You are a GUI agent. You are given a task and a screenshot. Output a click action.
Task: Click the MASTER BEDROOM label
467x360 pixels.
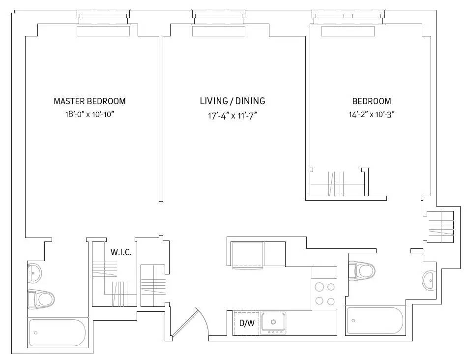point(89,101)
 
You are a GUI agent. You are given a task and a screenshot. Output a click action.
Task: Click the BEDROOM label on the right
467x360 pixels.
point(372,101)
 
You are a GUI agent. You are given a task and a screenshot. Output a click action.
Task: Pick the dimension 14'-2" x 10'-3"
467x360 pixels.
point(372,115)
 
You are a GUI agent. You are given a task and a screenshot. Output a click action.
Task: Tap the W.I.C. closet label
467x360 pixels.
point(120,252)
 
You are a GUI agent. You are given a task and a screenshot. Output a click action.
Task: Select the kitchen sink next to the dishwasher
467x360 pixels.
point(273,322)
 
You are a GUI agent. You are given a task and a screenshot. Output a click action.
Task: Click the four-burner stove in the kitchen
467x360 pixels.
point(324,294)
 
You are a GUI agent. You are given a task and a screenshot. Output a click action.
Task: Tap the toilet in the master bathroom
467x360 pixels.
point(41,298)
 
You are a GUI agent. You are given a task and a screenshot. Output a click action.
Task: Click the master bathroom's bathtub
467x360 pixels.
point(58,333)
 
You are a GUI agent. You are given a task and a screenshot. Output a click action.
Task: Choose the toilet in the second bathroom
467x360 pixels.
point(362,270)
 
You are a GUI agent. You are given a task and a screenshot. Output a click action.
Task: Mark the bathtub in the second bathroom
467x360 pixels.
point(375,320)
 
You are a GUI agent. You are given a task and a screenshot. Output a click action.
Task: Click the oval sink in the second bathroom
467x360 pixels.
point(428,281)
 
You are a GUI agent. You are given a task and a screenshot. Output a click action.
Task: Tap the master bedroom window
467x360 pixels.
point(103,16)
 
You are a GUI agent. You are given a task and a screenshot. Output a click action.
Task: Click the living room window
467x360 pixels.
point(218,16)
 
